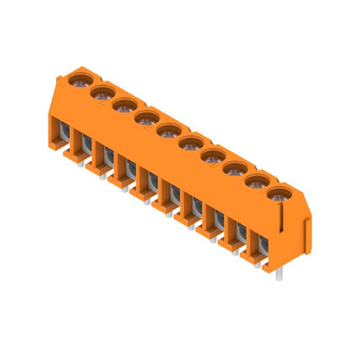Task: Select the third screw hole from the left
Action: (x=124, y=106)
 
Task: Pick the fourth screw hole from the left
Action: (x=146, y=117)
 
